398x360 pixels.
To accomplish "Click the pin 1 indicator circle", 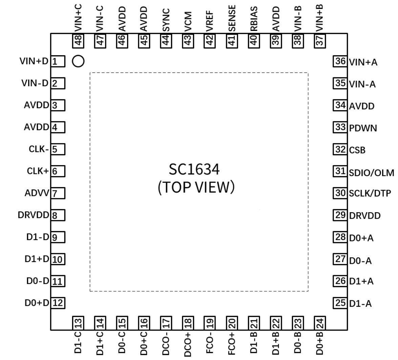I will pyautogui.click(x=78, y=61).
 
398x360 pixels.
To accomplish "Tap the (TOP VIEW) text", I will pyautogui.click(x=196, y=188).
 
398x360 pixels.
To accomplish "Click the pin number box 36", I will pyautogui.click(x=340, y=62).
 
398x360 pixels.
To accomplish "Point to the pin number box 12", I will pyautogui.click(x=58, y=303).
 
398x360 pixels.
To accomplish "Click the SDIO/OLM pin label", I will pyautogui.click(x=372, y=173).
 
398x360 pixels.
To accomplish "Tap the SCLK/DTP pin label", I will pyautogui.click(x=370, y=194).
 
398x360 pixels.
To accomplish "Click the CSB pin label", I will pyautogui.click(x=357, y=150).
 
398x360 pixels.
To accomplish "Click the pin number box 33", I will pyautogui.click(x=340, y=127).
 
